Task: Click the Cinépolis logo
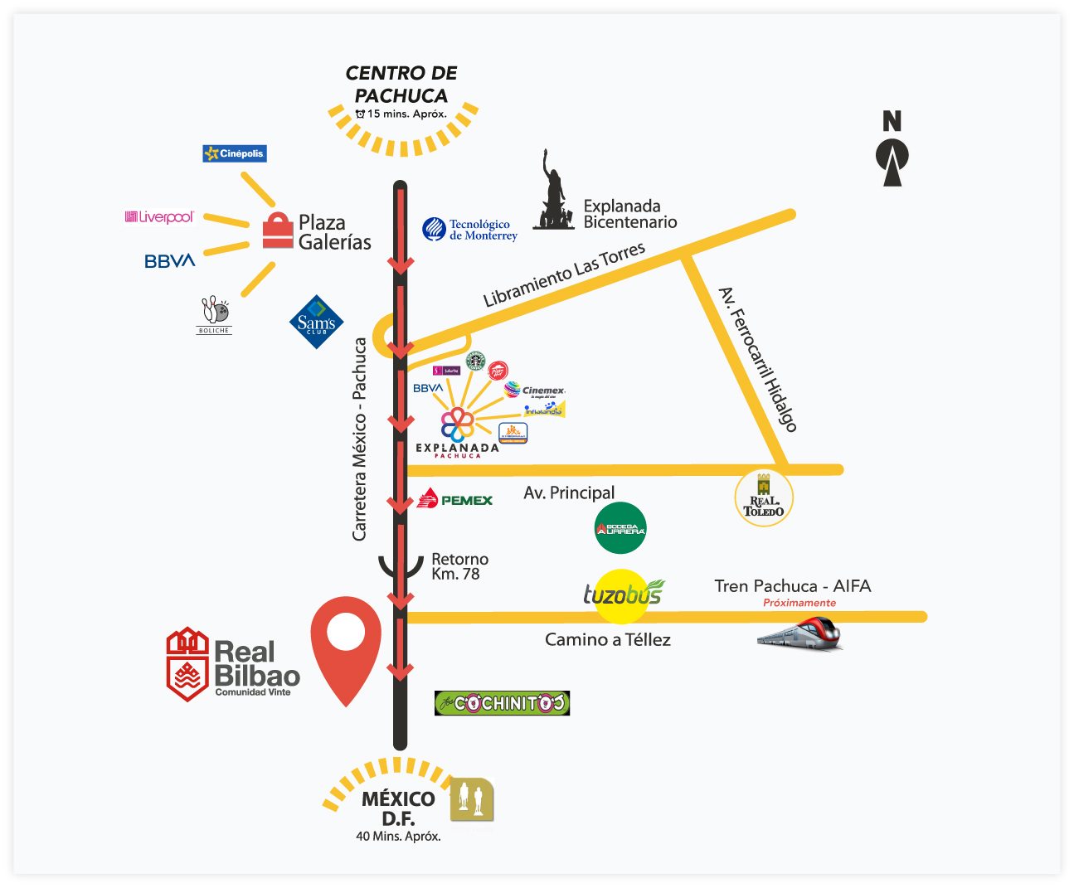(235, 153)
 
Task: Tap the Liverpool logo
(159, 217)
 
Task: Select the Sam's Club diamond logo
(316, 323)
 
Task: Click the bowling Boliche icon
(214, 314)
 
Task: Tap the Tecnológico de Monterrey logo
(470, 230)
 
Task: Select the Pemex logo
(454, 499)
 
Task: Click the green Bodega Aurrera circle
(620, 528)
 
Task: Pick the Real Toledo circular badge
(764, 498)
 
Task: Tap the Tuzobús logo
(623, 594)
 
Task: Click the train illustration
(799, 635)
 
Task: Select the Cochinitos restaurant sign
(502, 703)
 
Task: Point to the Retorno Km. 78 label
(459, 566)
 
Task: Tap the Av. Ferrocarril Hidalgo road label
(757, 359)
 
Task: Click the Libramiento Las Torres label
(564, 274)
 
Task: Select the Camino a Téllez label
(607, 639)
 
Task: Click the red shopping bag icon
(278, 230)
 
